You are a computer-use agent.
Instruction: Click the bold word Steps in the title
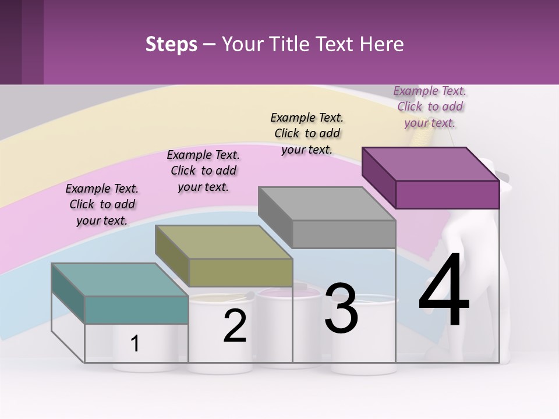click(171, 44)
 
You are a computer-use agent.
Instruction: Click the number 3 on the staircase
click(341, 308)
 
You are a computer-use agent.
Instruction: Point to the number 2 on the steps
click(235, 326)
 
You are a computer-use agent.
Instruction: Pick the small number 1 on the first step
click(135, 343)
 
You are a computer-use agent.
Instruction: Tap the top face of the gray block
click(327, 204)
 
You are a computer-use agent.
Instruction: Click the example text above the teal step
click(102, 204)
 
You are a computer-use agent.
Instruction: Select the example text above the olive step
click(203, 171)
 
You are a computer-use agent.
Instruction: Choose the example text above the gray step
click(307, 133)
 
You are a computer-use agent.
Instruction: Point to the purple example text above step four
click(430, 106)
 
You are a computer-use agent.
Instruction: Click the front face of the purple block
click(447, 194)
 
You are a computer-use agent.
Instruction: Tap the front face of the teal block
click(136, 310)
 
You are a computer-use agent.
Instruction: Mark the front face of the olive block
click(240, 272)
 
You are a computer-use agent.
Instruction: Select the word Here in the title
click(384, 44)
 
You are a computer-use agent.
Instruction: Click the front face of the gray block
click(344, 235)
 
